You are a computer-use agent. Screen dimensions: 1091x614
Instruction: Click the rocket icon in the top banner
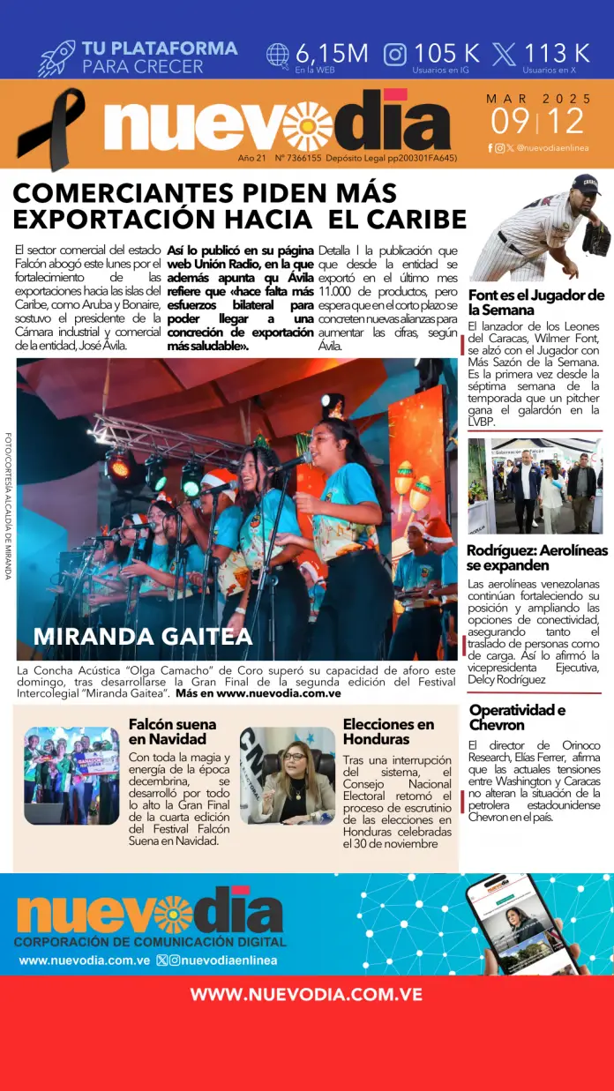56,57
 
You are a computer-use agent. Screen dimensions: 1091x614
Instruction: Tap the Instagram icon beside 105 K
395,55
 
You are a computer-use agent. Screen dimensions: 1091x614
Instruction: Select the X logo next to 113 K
504,55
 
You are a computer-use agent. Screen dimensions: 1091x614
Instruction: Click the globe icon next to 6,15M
278,55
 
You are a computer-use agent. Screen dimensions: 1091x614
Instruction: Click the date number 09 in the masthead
512,121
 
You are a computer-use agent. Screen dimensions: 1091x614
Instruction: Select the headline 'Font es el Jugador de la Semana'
535,303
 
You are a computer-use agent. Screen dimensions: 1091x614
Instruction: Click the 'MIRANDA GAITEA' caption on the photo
143,636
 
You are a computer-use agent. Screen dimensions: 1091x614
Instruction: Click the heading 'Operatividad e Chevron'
517,717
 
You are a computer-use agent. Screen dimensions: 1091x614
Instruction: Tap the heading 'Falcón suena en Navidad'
172,731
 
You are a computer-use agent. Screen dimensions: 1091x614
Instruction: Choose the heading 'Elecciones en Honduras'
388,731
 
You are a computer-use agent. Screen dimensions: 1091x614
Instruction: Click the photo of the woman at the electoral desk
288,775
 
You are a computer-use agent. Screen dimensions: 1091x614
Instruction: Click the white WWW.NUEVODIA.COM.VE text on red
306,995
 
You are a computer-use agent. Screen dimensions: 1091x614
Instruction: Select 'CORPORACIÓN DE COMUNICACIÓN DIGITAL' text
149,942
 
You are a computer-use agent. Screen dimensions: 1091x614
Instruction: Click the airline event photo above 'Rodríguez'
535,486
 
